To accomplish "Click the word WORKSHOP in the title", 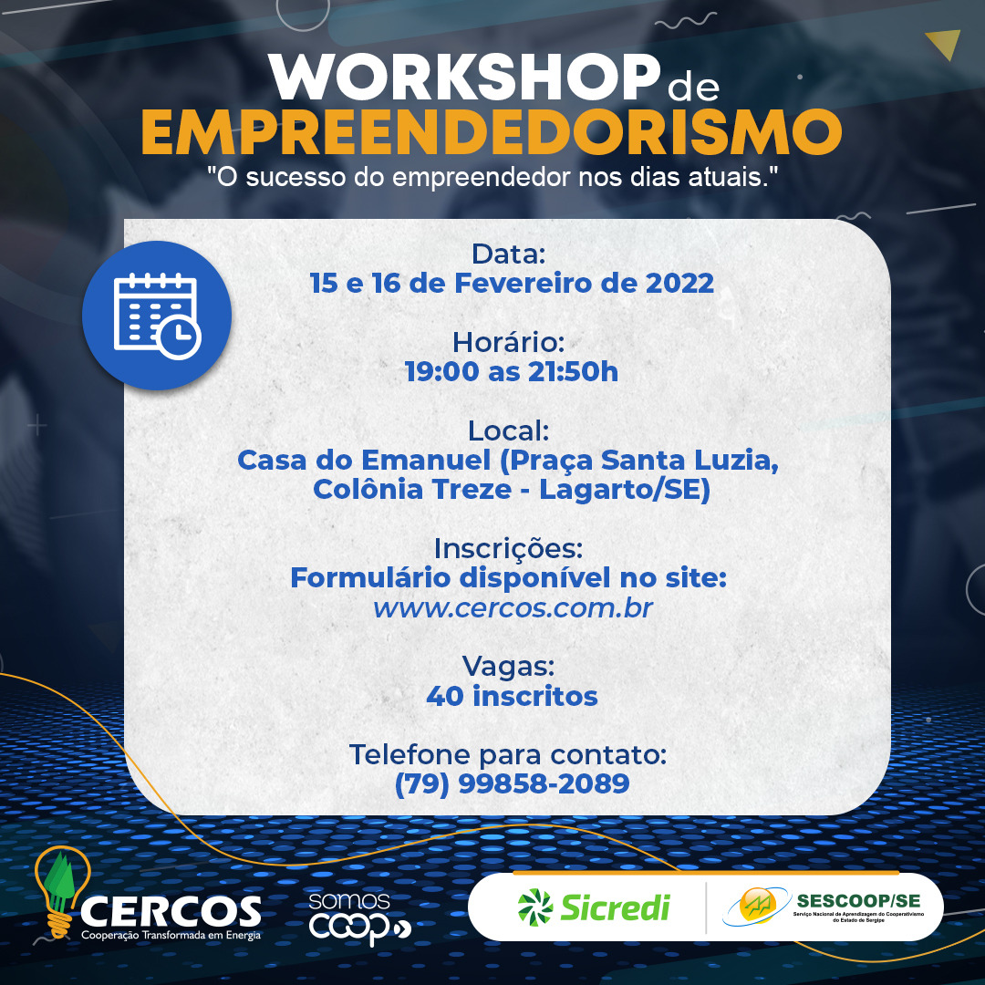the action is [x=464, y=77].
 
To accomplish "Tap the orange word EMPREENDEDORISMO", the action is [x=492, y=132].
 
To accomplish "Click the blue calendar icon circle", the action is [x=157, y=316].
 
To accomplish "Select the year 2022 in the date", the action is [x=679, y=284].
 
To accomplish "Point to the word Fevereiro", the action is [x=524, y=284].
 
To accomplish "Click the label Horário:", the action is [x=509, y=342].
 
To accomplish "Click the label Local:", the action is [x=509, y=430].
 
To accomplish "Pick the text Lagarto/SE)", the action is [x=625, y=490].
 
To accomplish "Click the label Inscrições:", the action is [x=509, y=549].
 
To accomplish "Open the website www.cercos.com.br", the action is [x=513, y=608].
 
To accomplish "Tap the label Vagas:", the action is [x=509, y=667].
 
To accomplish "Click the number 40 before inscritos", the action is [x=445, y=696].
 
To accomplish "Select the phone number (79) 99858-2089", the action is [x=512, y=784].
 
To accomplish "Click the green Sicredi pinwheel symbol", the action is [x=535, y=907].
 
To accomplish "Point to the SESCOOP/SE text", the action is [x=858, y=901].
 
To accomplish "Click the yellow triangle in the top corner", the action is [x=945, y=43].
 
